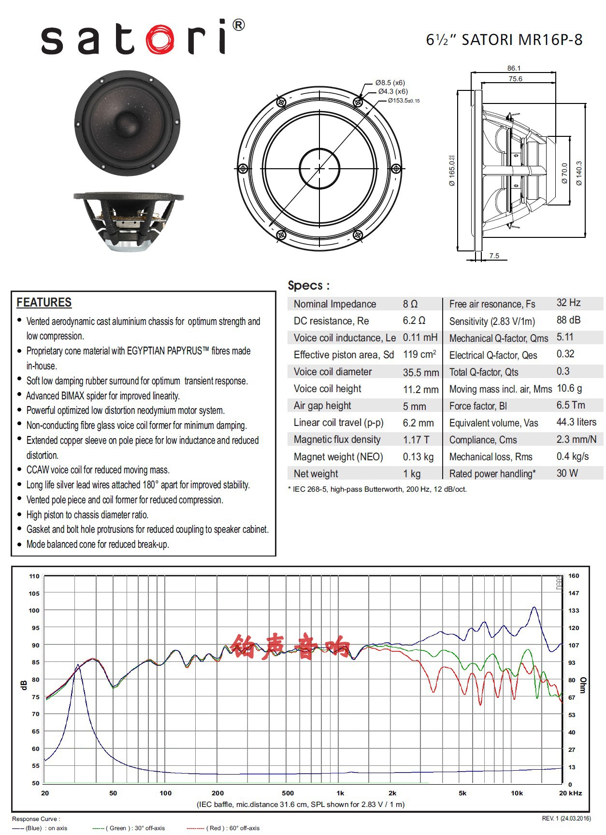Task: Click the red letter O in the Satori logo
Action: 159,38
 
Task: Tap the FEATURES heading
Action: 44,303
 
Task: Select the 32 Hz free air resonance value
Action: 568,303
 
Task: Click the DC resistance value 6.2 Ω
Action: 414,321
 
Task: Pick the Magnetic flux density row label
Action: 337,439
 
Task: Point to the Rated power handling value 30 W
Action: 567,473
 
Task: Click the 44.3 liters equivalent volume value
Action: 576,422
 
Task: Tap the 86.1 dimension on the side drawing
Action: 514,68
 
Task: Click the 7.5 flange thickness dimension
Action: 494,256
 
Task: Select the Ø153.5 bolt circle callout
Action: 404,101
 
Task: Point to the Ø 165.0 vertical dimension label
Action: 452,170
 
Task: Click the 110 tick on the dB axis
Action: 34,576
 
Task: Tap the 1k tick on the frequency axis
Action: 340,793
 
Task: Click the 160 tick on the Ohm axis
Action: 574,576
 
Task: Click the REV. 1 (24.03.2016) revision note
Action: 566,819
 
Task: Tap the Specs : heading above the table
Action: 308,285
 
